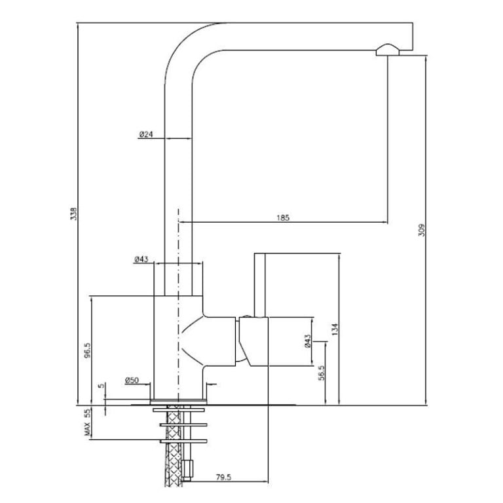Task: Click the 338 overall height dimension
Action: (x=74, y=214)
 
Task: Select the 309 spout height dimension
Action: (x=422, y=230)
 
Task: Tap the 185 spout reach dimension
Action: (x=283, y=218)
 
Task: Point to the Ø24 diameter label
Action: (x=146, y=134)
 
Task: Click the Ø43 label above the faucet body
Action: (x=141, y=259)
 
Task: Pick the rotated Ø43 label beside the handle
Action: (x=307, y=341)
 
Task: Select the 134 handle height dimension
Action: (x=335, y=329)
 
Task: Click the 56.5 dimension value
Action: (x=322, y=373)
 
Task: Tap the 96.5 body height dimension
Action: (x=87, y=350)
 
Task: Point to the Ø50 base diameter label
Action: (x=132, y=381)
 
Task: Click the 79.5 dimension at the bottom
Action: (x=223, y=477)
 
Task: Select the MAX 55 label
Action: (x=87, y=422)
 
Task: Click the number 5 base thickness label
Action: (x=102, y=386)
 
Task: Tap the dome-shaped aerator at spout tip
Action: (x=388, y=50)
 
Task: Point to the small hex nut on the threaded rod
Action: (x=187, y=470)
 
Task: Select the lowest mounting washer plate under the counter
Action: (x=183, y=441)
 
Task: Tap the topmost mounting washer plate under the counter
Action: (x=179, y=410)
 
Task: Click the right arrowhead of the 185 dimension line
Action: (x=386, y=222)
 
